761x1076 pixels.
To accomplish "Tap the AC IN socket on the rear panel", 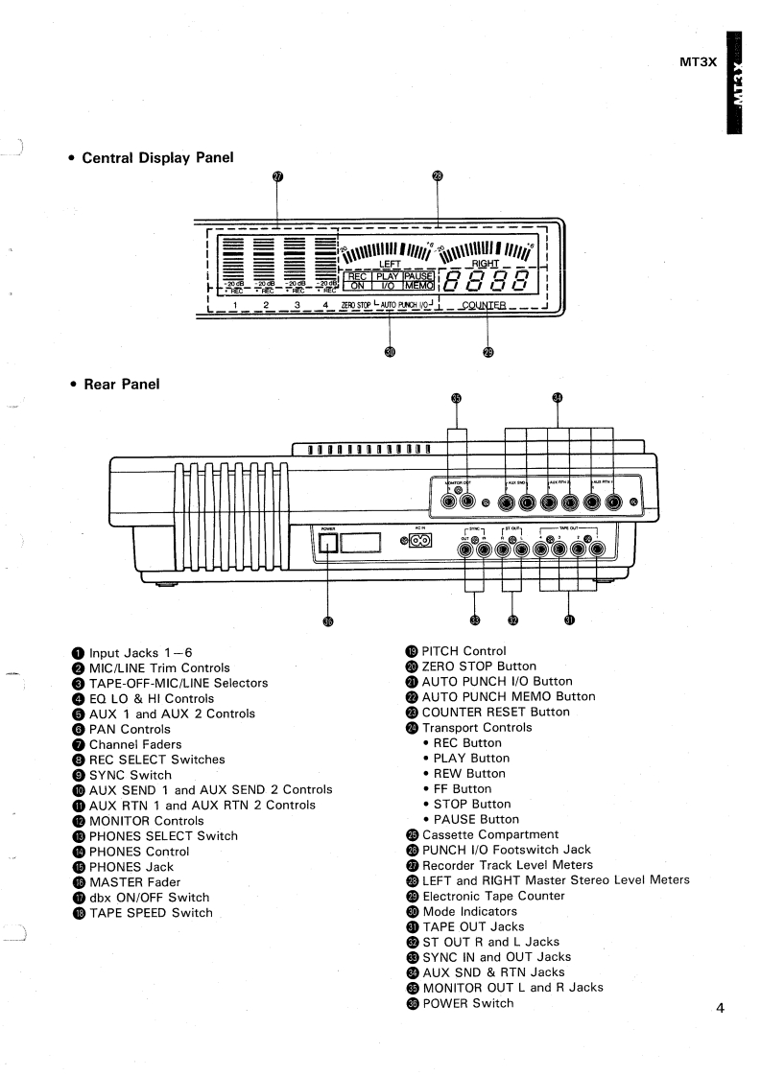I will (x=418, y=541).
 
